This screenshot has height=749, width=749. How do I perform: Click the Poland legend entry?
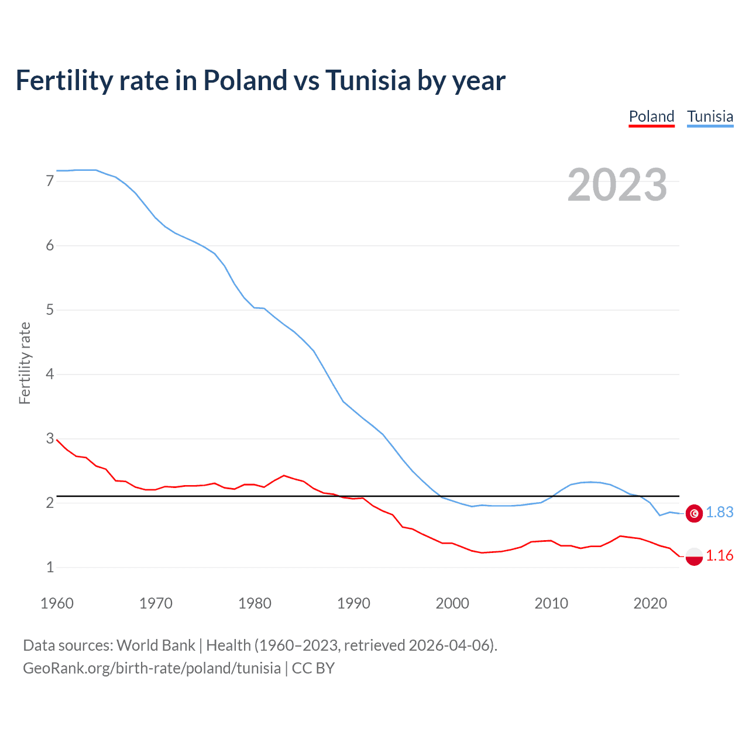[x=651, y=116]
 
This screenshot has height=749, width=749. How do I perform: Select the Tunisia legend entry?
[x=710, y=116]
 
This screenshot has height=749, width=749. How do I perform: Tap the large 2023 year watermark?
[x=617, y=185]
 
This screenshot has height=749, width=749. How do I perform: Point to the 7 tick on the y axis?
[x=50, y=181]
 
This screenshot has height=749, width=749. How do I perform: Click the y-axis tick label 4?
[x=50, y=374]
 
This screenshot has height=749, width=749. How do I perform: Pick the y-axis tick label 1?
[x=50, y=567]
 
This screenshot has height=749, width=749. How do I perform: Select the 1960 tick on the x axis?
[x=57, y=603]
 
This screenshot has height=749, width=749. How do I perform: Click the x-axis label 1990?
[x=353, y=603]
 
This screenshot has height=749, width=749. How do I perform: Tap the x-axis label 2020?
[x=650, y=603]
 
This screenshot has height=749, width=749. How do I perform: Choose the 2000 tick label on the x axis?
[x=452, y=603]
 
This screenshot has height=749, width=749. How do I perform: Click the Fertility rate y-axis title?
[x=25, y=363]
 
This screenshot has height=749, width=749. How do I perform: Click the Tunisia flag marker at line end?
[x=694, y=513]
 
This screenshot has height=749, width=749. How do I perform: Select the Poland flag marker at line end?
[x=694, y=556]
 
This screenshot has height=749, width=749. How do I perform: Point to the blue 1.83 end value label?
[x=719, y=513]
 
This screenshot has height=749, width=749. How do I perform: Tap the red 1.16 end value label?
[x=719, y=556]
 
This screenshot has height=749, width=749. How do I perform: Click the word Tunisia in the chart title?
[x=368, y=81]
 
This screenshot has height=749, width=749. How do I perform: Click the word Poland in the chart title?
[x=245, y=81]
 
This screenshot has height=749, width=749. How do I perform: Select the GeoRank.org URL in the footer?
[x=152, y=668]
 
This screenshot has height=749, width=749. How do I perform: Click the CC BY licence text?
[x=313, y=668]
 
